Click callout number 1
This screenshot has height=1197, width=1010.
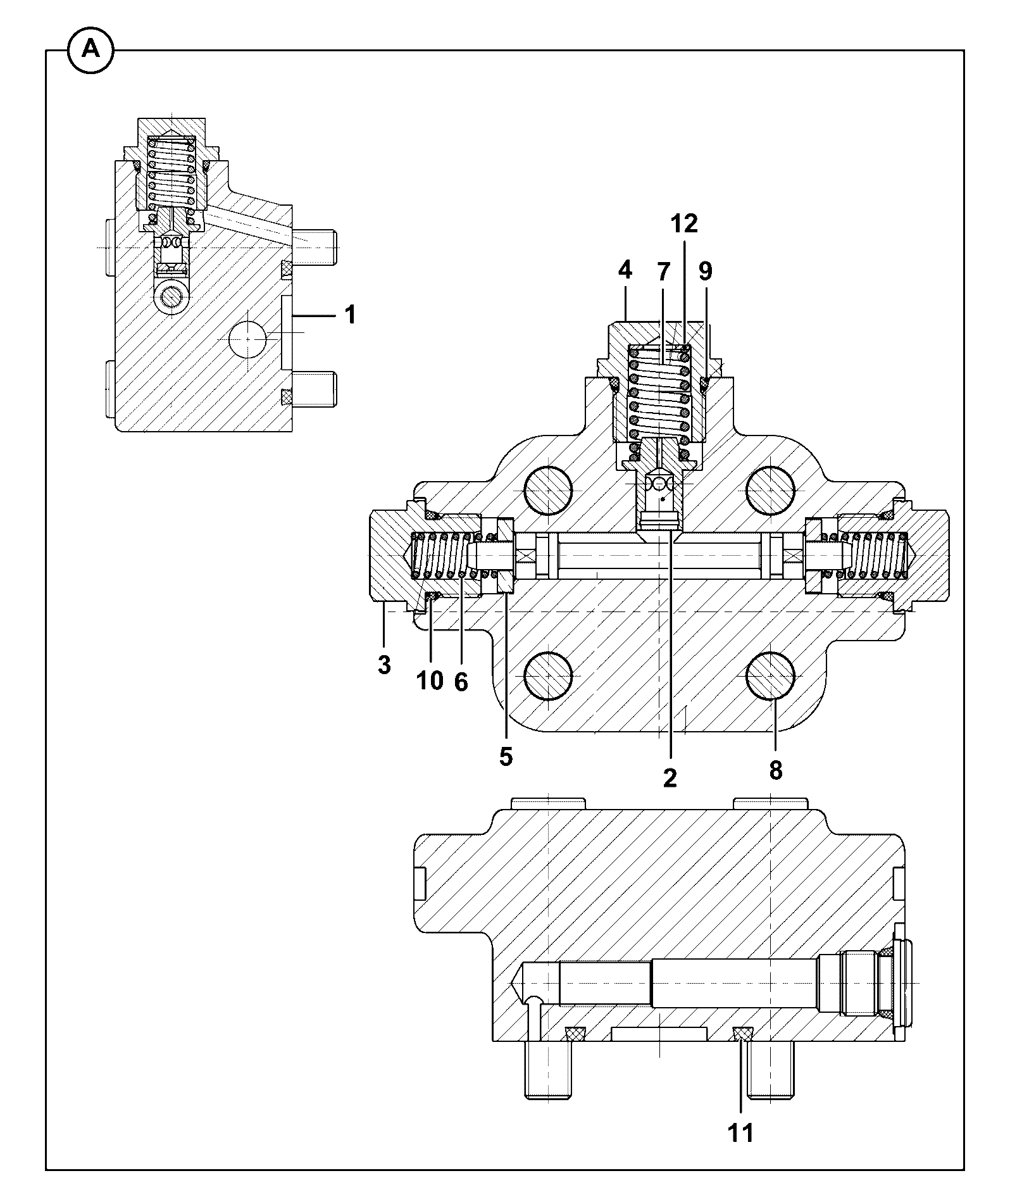pyautogui.click(x=349, y=315)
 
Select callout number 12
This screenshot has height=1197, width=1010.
pyautogui.click(x=684, y=223)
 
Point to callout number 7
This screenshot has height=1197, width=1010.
pyautogui.click(x=663, y=272)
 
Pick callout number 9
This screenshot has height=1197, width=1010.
pyautogui.click(x=705, y=272)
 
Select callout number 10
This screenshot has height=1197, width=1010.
pyautogui.click(x=430, y=681)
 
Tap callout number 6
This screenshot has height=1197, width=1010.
pyautogui.click(x=461, y=682)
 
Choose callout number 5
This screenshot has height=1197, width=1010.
pyautogui.click(x=506, y=757)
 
